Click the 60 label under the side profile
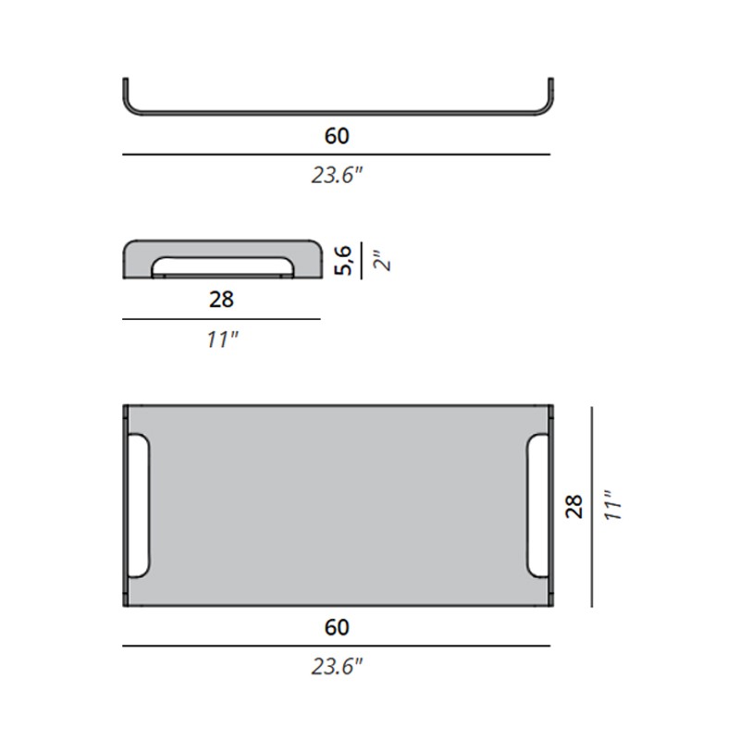pos(337,136)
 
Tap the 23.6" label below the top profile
pos(337,176)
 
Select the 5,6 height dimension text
pos(343,260)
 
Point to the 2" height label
pos(382,260)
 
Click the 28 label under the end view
pos(221,300)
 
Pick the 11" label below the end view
pos(222,339)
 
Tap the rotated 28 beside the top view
pos(574,507)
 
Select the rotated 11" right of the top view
pos(613,505)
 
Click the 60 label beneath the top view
pos(337,627)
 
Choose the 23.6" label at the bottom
pos(337,667)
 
